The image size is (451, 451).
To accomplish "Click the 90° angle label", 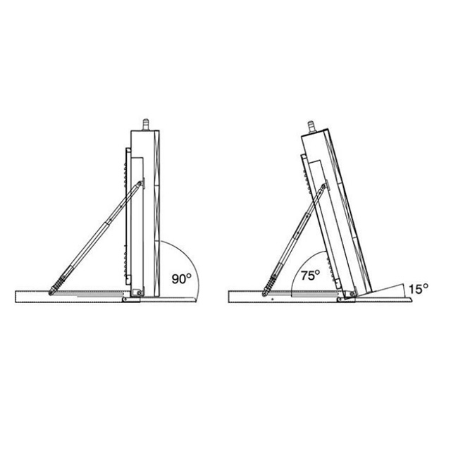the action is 181,278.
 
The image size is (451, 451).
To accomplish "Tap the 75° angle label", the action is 310,276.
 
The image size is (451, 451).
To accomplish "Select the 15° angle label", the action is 419,289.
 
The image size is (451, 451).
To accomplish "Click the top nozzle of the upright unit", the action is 146,125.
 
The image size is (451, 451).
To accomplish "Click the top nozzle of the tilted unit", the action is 311,127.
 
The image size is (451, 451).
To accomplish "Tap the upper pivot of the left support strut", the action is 140,183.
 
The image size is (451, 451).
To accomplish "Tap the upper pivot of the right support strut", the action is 323,187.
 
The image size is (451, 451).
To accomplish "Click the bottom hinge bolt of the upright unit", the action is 139,293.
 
